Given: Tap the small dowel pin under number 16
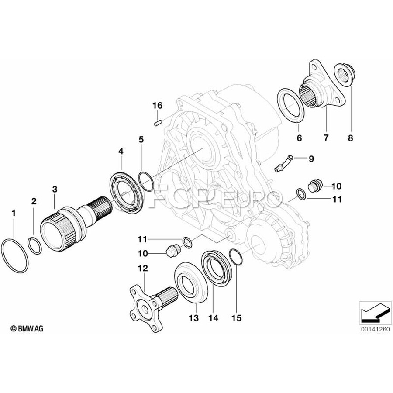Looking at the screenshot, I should pos(158,122).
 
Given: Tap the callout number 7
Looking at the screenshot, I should pos(326,138).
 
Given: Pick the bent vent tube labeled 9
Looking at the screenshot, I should pos(283,162).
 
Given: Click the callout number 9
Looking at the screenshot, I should pos(311,159).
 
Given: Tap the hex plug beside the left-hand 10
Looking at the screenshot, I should pos(173,251).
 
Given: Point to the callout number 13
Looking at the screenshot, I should pos(195,319).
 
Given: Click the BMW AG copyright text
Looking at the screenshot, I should pos(28,327).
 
